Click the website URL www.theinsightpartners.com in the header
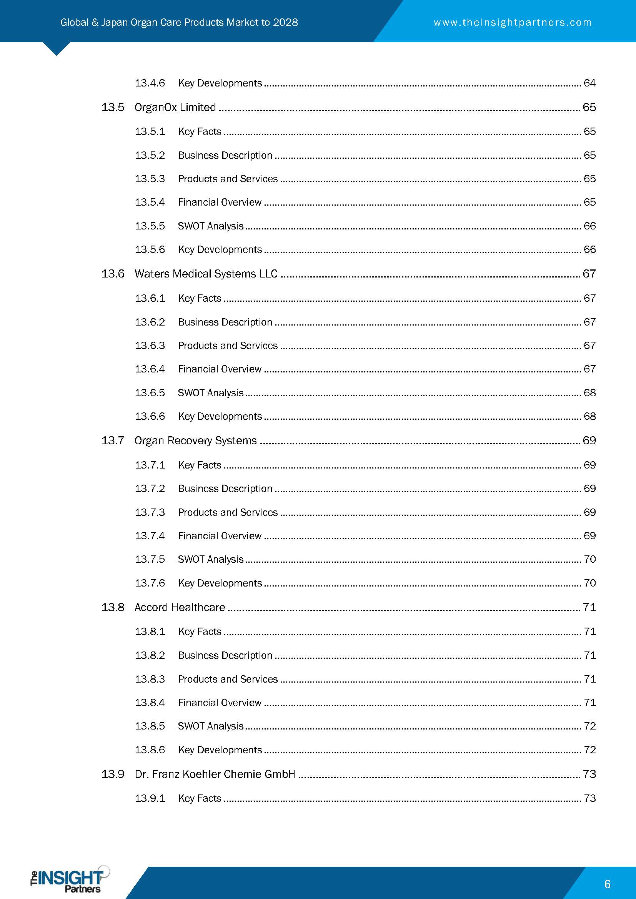(512, 22)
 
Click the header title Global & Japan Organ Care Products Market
(179, 22)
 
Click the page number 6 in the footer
(607, 884)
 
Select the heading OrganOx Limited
(175, 107)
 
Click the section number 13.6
(113, 274)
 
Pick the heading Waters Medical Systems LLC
(206, 274)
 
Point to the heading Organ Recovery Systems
(195, 440)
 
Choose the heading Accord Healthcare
(180, 607)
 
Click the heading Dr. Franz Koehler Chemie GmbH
(215, 774)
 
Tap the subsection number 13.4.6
(150, 83)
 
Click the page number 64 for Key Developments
(589, 83)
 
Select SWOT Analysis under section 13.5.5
(211, 226)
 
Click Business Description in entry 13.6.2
(225, 322)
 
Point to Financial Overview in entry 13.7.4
(220, 536)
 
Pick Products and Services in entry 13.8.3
(228, 679)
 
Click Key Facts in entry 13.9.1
(199, 798)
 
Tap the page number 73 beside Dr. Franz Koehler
(589, 774)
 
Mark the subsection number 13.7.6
(150, 583)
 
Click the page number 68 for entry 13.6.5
(589, 393)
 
